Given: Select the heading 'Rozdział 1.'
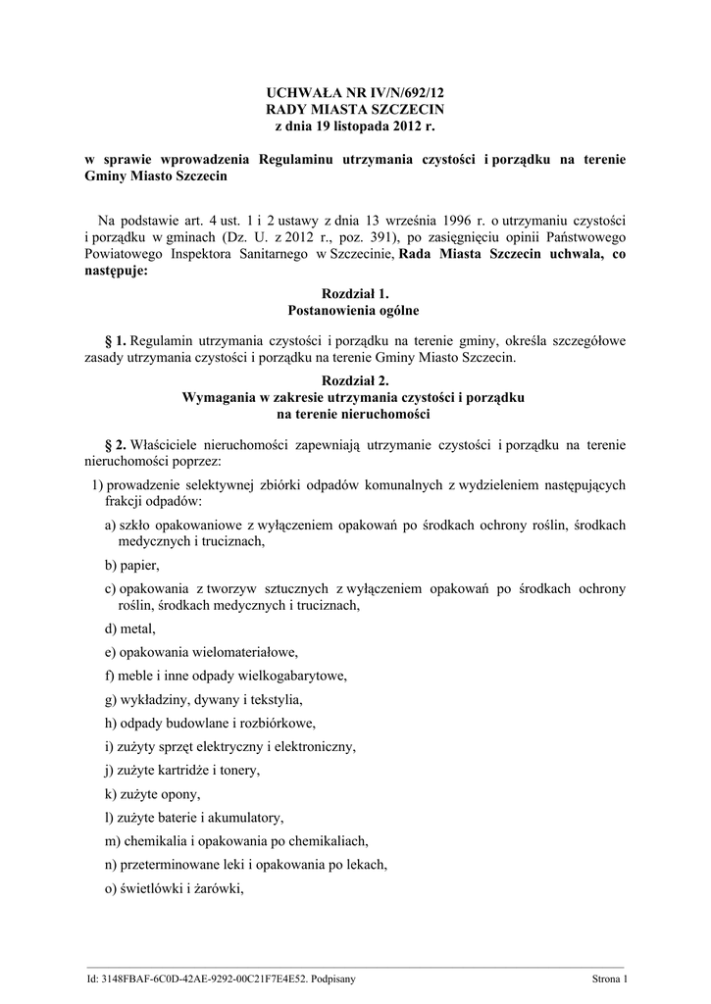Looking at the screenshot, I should point(355,293).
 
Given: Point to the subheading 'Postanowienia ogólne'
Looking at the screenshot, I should point(355,311).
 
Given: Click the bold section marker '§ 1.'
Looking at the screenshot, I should point(115,340).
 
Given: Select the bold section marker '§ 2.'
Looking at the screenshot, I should point(115,444).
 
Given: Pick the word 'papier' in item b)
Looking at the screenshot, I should point(139,566).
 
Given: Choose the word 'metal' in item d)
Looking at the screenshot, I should point(137,628).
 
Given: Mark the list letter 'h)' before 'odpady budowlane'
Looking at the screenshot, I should point(111,723).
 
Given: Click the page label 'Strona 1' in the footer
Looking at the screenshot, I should point(609,979).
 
